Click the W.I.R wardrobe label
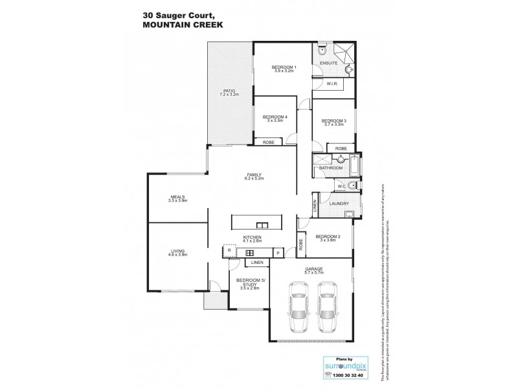coord(330,84)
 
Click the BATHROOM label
coord(331,168)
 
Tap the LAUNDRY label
coord(339,204)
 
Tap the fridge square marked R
coord(229,249)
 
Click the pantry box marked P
coord(277,253)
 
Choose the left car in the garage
coord(300,307)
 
